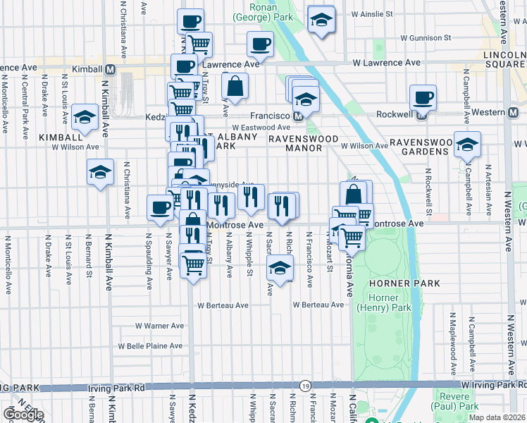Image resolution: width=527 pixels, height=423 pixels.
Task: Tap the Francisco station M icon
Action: pyautogui.click(x=299, y=116)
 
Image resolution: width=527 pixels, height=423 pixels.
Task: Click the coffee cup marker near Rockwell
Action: pyautogui.click(x=423, y=98)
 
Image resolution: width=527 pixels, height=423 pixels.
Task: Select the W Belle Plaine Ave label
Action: pyautogui.click(x=151, y=346)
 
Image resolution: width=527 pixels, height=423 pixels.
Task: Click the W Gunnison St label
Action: pyautogui.click(x=426, y=37)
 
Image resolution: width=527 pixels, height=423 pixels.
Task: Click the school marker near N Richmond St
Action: pyautogui.click(x=280, y=269)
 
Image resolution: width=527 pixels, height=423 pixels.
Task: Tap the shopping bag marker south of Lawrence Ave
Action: pyautogui.click(x=235, y=87)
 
